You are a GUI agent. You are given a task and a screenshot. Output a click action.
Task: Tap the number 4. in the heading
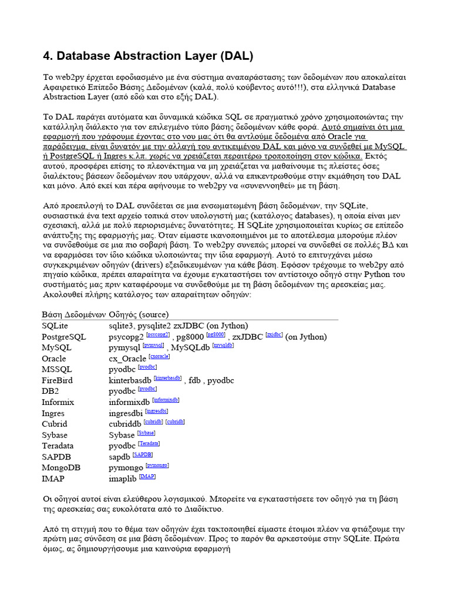(48, 56)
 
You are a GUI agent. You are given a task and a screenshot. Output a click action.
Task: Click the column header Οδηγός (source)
(139, 315)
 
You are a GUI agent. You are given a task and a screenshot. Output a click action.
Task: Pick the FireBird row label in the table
(57, 380)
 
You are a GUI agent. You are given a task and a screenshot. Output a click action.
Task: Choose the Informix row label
(58, 402)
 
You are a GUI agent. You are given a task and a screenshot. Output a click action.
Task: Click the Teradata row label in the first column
(58, 446)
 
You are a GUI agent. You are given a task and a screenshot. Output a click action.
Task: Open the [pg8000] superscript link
(216, 334)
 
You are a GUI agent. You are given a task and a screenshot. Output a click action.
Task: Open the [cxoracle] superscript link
(159, 356)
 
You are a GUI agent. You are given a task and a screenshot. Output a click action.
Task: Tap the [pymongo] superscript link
(157, 465)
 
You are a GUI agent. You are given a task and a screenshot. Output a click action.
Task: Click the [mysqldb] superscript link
(223, 345)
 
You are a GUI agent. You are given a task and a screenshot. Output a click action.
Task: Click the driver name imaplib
(123, 479)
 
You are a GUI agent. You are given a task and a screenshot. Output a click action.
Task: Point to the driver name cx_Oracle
(127, 359)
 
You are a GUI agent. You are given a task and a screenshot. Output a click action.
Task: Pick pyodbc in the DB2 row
(122, 391)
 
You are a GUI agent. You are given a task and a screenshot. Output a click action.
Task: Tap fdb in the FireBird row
(194, 380)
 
